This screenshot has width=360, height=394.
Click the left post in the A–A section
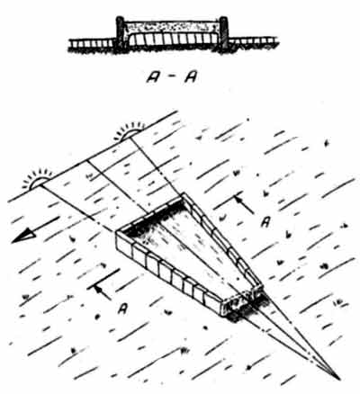point(121,32)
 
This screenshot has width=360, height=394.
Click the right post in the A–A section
point(223,32)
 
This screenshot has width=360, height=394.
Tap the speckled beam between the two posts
point(172,27)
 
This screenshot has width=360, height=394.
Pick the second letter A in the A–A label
point(191,77)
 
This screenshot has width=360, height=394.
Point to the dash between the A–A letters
point(172,77)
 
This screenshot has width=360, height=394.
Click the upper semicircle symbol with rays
point(130,130)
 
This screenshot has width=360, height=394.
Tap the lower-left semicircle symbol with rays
point(38,179)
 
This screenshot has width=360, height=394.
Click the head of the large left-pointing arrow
point(23,235)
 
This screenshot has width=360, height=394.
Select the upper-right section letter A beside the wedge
point(265,222)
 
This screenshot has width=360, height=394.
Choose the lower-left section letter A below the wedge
point(122,309)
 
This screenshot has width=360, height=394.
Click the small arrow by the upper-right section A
point(244,204)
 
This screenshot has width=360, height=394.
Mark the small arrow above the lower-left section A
point(102,292)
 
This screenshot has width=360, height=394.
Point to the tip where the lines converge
point(339,379)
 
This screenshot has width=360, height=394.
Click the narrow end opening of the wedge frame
point(242,302)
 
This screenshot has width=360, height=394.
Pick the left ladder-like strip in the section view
point(92,43)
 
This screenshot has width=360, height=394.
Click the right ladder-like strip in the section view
point(254,42)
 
